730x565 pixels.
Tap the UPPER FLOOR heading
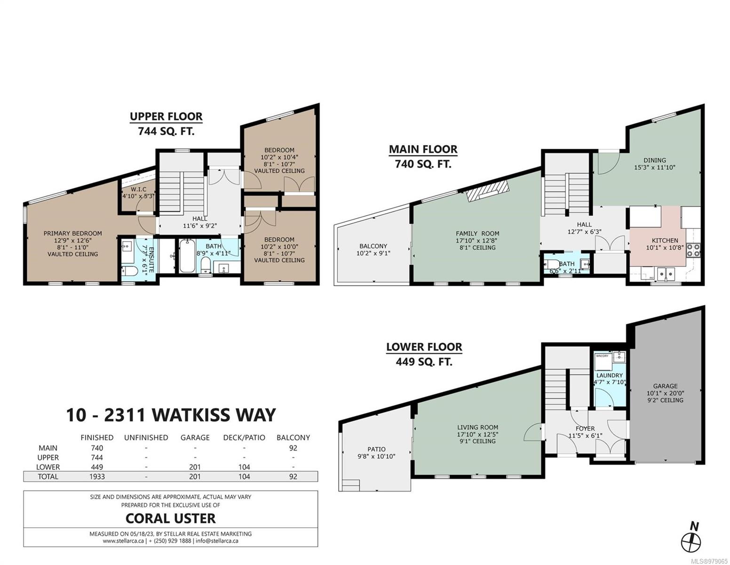coord(166,116)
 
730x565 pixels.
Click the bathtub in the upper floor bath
coord(186,256)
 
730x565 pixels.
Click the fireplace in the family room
coord(488,191)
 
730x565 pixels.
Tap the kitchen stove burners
coord(693,250)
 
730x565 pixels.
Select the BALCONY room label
coord(373,246)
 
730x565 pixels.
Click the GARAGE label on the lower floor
coord(665,386)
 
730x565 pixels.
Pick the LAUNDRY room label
coord(609,375)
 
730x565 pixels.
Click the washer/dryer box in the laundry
coord(603,357)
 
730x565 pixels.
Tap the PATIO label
coord(376,449)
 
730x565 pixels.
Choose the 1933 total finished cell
coord(97,476)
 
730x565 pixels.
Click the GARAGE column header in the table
coord(195,437)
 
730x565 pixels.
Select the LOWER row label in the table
coord(48,467)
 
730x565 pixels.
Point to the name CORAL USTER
coord(170,518)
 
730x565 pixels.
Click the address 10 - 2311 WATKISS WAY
coord(171,415)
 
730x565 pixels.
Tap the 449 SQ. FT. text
coord(424,362)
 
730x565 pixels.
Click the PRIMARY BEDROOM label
coord(73,233)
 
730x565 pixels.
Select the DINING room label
coord(655,160)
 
